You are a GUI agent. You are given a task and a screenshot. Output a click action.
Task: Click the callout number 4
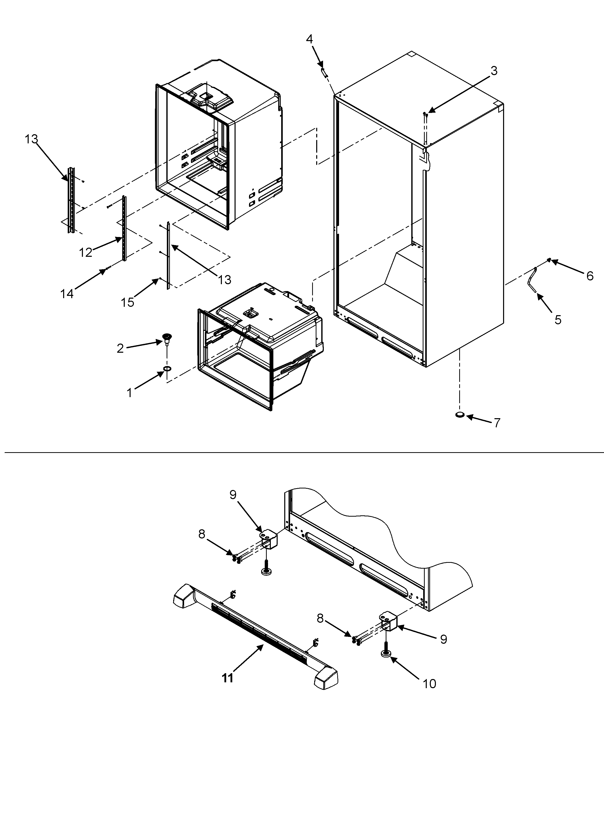pos(309,39)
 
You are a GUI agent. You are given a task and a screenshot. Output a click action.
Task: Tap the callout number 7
pos(497,423)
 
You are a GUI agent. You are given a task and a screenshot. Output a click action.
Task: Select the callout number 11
pos(227,678)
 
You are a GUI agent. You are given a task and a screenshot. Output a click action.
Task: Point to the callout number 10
pos(430,684)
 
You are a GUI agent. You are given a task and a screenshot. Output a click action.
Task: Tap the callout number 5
pos(558,319)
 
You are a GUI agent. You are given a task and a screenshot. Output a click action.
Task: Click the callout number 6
pos(590,276)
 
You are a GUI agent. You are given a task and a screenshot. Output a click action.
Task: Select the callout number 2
pos(120,348)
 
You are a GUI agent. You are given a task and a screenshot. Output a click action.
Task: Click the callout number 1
pos(129,393)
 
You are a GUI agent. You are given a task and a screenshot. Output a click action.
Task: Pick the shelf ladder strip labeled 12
pos(124,229)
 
